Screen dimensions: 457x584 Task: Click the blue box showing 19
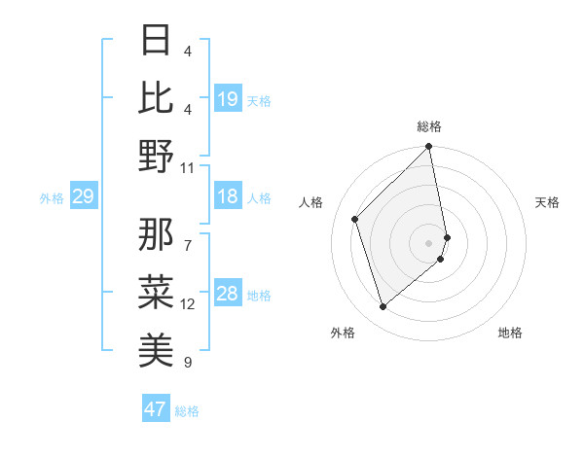(x=228, y=99)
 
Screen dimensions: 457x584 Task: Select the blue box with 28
(x=228, y=295)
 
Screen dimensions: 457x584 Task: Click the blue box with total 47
(x=156, y=409)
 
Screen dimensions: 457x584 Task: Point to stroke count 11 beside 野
(x=188, y=167)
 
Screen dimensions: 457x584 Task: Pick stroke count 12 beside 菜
(x=188, y=304)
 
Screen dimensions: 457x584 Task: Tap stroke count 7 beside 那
(x=188, y=234)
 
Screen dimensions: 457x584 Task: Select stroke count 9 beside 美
(x=188, y=363)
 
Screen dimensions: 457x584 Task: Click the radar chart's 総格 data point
(x=429, y=148)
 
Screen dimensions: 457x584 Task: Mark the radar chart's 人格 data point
(x=355, y=219)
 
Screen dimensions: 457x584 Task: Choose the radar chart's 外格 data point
(x=383, y=307)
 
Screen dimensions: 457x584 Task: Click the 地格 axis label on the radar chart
(x=510, y=333)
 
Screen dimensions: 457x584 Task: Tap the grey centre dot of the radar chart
(x=429, y=242)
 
